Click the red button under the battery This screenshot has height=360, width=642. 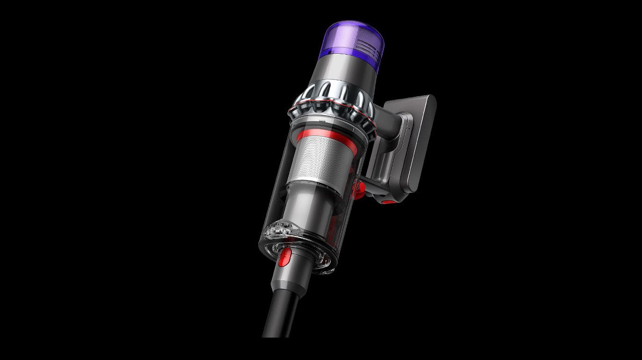tap(388, 202)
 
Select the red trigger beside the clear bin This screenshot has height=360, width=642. tap(360, 189)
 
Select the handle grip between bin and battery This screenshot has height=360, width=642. tap(378, 154)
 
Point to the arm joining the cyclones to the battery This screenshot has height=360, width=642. tap(387, 117)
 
